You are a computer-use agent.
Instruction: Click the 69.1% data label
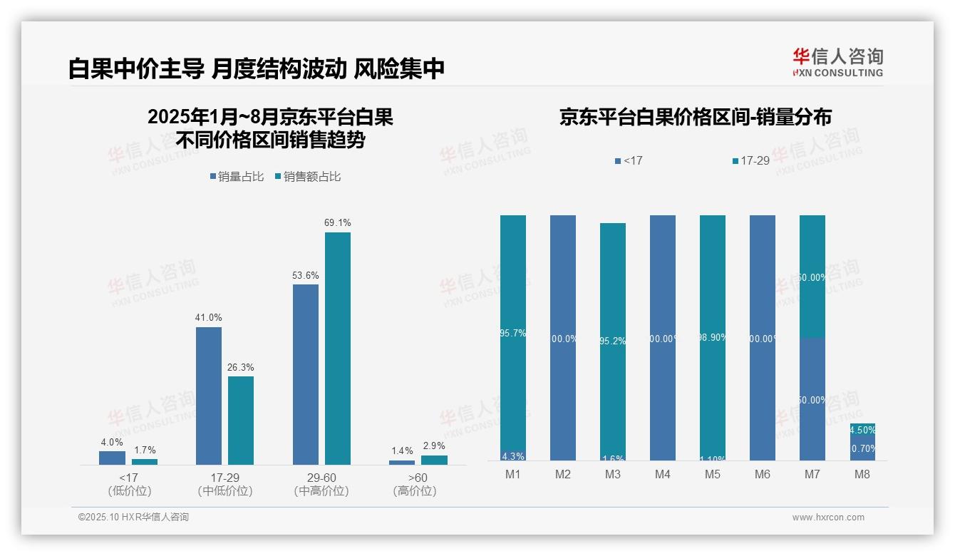click(338, 223)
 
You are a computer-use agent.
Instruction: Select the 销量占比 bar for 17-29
click(208, 396)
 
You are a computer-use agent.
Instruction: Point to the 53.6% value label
click(305, 275)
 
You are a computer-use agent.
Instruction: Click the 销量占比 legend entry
click(237, 177)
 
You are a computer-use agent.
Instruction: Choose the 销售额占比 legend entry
click(307, 177)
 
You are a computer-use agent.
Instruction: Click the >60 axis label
click(415, 478)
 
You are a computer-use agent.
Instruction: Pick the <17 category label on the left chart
click(129, 478)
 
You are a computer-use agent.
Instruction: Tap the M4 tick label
click(662, 474)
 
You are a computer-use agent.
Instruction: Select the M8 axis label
click(862, 474)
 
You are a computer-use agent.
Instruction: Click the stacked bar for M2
click(563, 338)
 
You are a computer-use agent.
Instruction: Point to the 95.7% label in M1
click(513, 333)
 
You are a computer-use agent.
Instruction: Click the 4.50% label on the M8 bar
click(862, 430)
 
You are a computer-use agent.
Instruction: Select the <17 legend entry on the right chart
click(629, 161)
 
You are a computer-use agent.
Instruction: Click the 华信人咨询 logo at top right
click(837, 62)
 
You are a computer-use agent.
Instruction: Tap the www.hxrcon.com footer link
click(828, 518)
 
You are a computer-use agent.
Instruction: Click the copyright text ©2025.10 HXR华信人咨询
click(133, 518)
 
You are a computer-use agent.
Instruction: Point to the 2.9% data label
click(434, 446)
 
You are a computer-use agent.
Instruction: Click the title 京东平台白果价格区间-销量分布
click(695, 118)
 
